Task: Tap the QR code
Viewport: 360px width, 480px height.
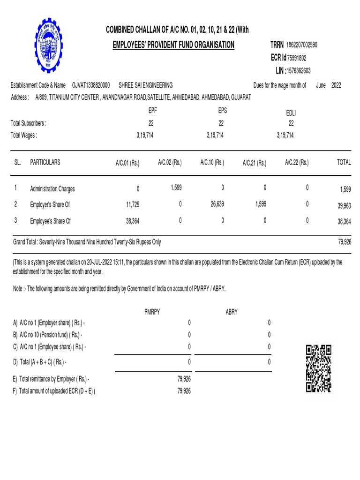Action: pos(318,368)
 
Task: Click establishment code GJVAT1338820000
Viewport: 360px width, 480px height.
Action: pos(91,85)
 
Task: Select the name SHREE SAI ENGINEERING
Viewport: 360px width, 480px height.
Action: pos(146,85)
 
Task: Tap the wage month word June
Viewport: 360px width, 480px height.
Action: pos(321,85)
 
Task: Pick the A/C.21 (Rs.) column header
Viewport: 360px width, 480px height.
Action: pos(255,163)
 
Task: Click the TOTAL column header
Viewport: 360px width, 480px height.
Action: pos(344,163)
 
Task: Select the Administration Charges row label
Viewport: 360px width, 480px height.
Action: pos(52,189)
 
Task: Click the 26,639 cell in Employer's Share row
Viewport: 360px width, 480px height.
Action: pos(216,204)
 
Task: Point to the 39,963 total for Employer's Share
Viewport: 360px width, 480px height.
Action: pos(344,205)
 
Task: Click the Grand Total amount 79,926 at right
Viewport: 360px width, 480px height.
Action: pos(344,242)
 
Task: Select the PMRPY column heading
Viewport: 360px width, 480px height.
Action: pos(152,312)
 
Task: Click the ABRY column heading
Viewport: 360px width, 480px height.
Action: pos(232,312)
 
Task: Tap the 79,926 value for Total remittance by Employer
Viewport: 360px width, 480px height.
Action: pos(184,379)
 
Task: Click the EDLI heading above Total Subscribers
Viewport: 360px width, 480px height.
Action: pos(291,113)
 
